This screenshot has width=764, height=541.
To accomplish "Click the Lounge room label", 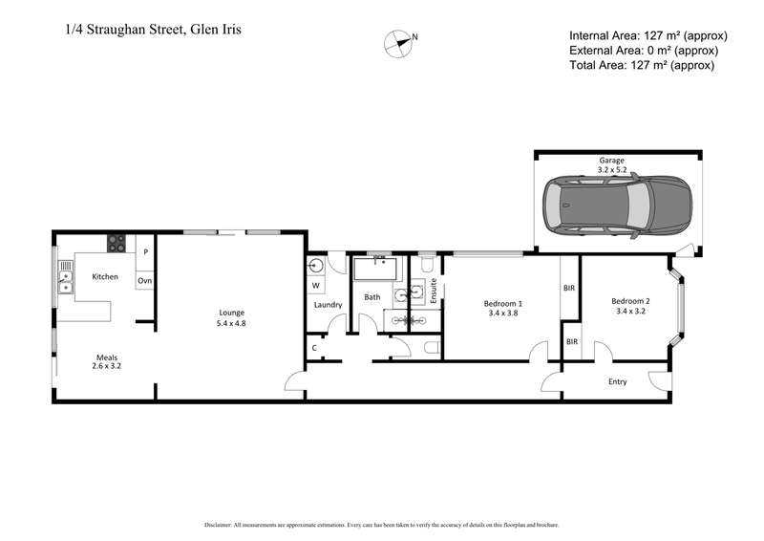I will coord(232,313).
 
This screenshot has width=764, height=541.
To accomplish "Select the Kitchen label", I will coord(104,276).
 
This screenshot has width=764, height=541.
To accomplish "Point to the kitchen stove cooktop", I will coord(117,243).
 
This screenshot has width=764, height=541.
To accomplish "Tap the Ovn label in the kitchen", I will coord(145,281).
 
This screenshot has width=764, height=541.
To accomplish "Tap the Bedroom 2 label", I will coord(631,302).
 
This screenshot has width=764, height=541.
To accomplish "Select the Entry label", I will coord(618,381).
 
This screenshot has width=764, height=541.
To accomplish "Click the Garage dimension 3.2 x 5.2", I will coord(612,168).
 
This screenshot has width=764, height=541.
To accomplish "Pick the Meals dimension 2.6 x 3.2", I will coord(106,365).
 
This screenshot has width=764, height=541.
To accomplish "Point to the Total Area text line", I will coord(642,65).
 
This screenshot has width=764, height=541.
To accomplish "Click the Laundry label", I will coord(328,305).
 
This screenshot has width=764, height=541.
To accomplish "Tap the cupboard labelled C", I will coord(314,347).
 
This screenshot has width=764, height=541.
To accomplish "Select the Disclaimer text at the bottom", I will coord(382,526).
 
